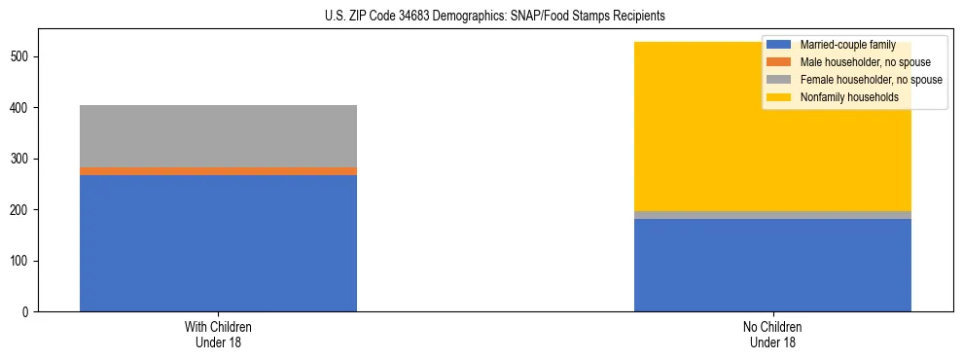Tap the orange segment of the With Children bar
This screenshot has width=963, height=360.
tap(218, 171)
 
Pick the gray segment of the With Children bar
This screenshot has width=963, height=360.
tap(218, 135)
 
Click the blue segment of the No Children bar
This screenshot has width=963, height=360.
tap(772, 265)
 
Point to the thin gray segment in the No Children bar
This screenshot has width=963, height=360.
tap(772, 215)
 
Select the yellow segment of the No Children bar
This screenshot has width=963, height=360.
tap(681, 126)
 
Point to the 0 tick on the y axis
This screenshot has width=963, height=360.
tap(28, 312)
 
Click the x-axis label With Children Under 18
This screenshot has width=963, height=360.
tap(218, 334)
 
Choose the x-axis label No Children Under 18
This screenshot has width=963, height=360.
tap(772, 334)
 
